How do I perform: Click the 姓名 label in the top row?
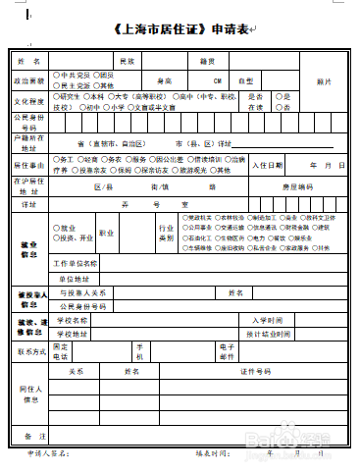tap(29, 60)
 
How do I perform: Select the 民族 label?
tap(127, 60)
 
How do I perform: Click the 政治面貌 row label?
tap(29, 79)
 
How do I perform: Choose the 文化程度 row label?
tap(29, 100)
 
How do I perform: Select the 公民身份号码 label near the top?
tap(29, 122)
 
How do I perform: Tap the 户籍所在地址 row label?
tap(29, 143)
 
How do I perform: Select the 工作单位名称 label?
tap(76, 263)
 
